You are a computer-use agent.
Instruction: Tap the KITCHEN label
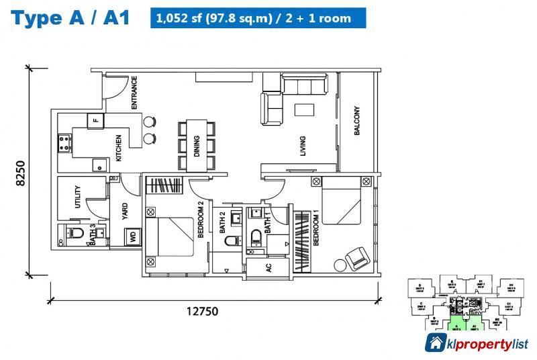pyautogui.click(x=119, y=148)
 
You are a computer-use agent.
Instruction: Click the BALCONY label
pyautogui.click(x=357, y=122)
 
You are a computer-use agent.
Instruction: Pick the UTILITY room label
pyautogui.click(x=79, y=197)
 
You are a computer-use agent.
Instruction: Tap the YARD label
pyautogui.click(x=124, y=210)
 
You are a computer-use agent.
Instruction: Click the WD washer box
pyautogui.click(x=132, y=237)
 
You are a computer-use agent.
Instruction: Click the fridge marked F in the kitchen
pyautogui.click(x=95, y=121)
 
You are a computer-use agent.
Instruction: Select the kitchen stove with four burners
pyautogui.click(x=65, y=142)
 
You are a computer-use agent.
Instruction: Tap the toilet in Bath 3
pyautogui.click(x=75, y=234)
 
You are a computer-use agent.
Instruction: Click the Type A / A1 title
pyautogui.click(x=70, y=18)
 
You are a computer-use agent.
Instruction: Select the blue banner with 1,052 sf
pyautogui.click(x=258, y=18)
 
